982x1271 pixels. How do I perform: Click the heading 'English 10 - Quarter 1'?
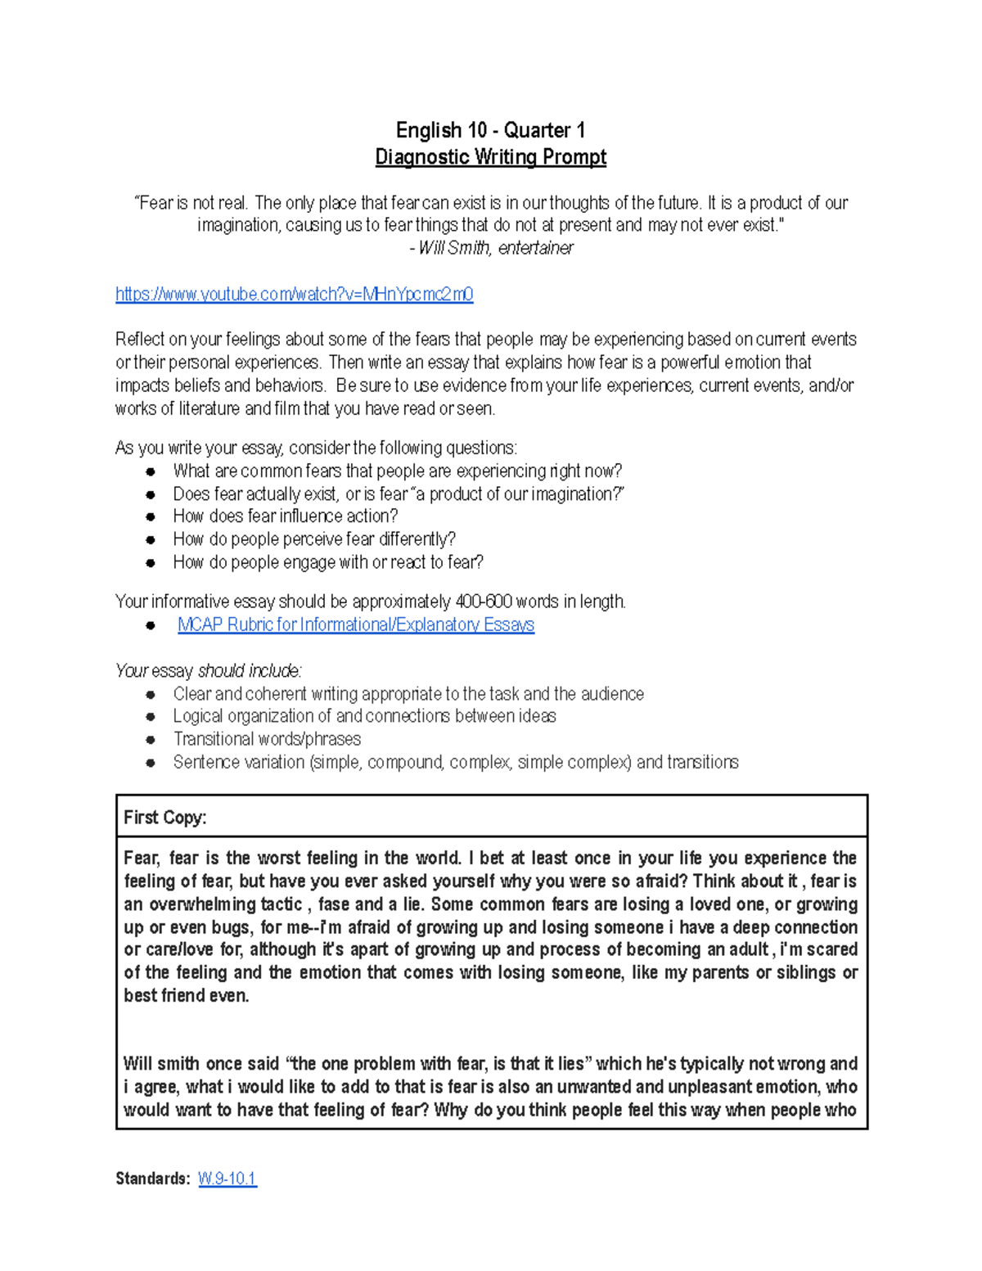click(x=490, y=130)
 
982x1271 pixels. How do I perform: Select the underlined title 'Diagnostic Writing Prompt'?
click(x=490, y=157)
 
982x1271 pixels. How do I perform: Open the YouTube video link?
click(x=294, y=295)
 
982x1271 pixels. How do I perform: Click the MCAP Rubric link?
click(x=355, y=625)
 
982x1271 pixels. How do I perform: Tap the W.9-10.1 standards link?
click(x=227, y=1179)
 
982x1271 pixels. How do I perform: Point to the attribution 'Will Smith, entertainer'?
click(x=494, y=248)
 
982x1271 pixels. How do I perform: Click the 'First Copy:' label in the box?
click(x=164, y=818)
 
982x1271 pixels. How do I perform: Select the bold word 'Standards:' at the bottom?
click(x=152, y=1179)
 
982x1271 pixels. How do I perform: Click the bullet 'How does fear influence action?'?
click(x=285, y=516)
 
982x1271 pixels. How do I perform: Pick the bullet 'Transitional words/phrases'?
click(x=267, y=739)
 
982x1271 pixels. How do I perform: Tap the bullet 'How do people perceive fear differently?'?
click(x=314, y=539)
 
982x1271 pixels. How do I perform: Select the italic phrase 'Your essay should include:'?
click(x=209, y=671)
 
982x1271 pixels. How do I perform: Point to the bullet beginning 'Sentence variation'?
click(x=455, y=762)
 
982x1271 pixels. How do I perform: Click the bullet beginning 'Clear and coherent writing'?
click(x=408, y=694)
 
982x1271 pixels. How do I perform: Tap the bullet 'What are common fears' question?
click(x=397, y=471)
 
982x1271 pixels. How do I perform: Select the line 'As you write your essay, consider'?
click(x=316, y=448)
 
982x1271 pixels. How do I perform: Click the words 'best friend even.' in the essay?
click(x=187, y=996)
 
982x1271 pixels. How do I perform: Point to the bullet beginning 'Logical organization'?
click(x=364, y=716)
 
